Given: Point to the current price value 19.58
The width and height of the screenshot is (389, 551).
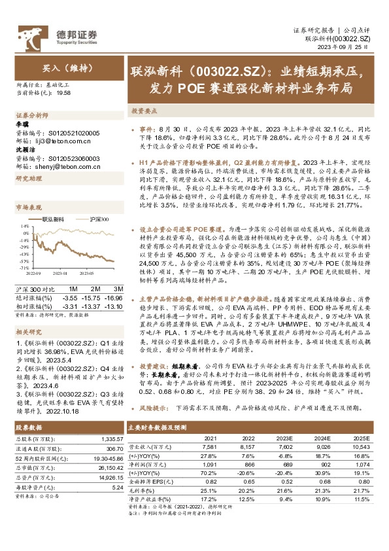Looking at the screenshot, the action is pyautogui.click(x=64, y=94).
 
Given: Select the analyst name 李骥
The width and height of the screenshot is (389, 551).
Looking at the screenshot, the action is pyautogui.click(x=23, y=123).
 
